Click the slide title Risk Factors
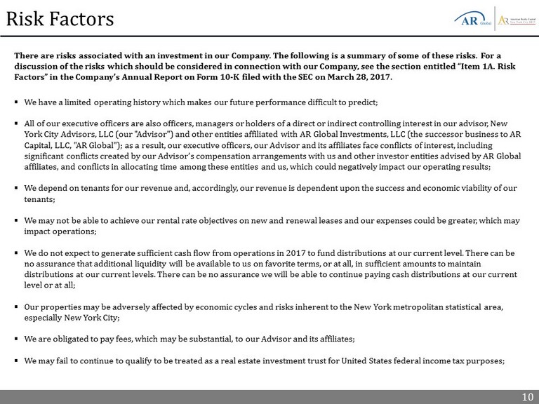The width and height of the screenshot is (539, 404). (60, 19)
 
